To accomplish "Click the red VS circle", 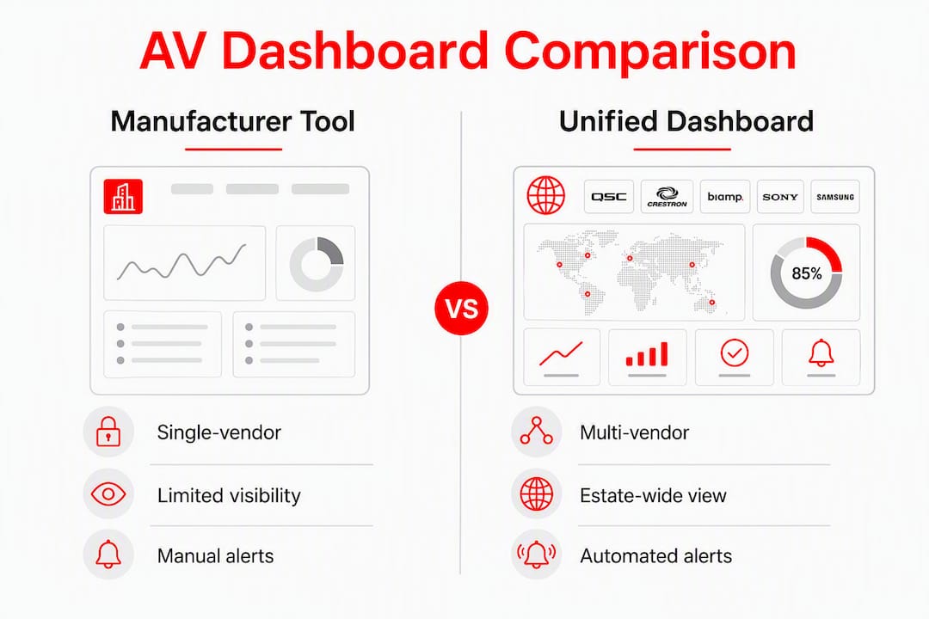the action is [x=461, y=308].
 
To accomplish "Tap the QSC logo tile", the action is [x=608, y=197].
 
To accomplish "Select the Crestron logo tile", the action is [x=667, y=197].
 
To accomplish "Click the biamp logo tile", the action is [x=725, y=197].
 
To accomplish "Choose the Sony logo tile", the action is [x=780, y=197].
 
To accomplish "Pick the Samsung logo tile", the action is [x=834, y=197].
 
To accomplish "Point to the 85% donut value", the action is [x=806, y=273].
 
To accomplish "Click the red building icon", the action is [x=123, y=196].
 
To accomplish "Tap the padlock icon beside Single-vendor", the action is [x=108, y=432].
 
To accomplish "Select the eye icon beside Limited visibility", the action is [x=108, y=493].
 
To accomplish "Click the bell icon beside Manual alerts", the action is [x=108, y=555].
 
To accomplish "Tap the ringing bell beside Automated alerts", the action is [x=536, y=555].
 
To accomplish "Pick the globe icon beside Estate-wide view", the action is [x=536, y=493].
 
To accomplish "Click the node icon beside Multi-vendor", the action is [x=536, y=431].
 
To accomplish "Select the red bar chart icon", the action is [x=647, y=353].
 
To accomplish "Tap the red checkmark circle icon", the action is [x=734, y=353].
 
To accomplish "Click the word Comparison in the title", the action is [x=650, y=52].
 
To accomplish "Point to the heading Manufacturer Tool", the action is [x=233, y=121].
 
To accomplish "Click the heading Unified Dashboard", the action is [x=686, y=121].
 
